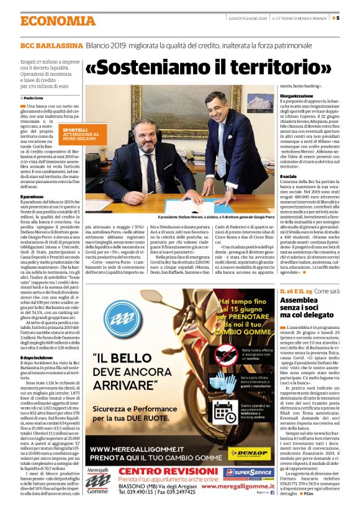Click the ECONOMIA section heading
click(56, 20)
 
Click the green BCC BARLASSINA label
click(52, 47)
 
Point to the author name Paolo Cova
click(36, 97)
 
